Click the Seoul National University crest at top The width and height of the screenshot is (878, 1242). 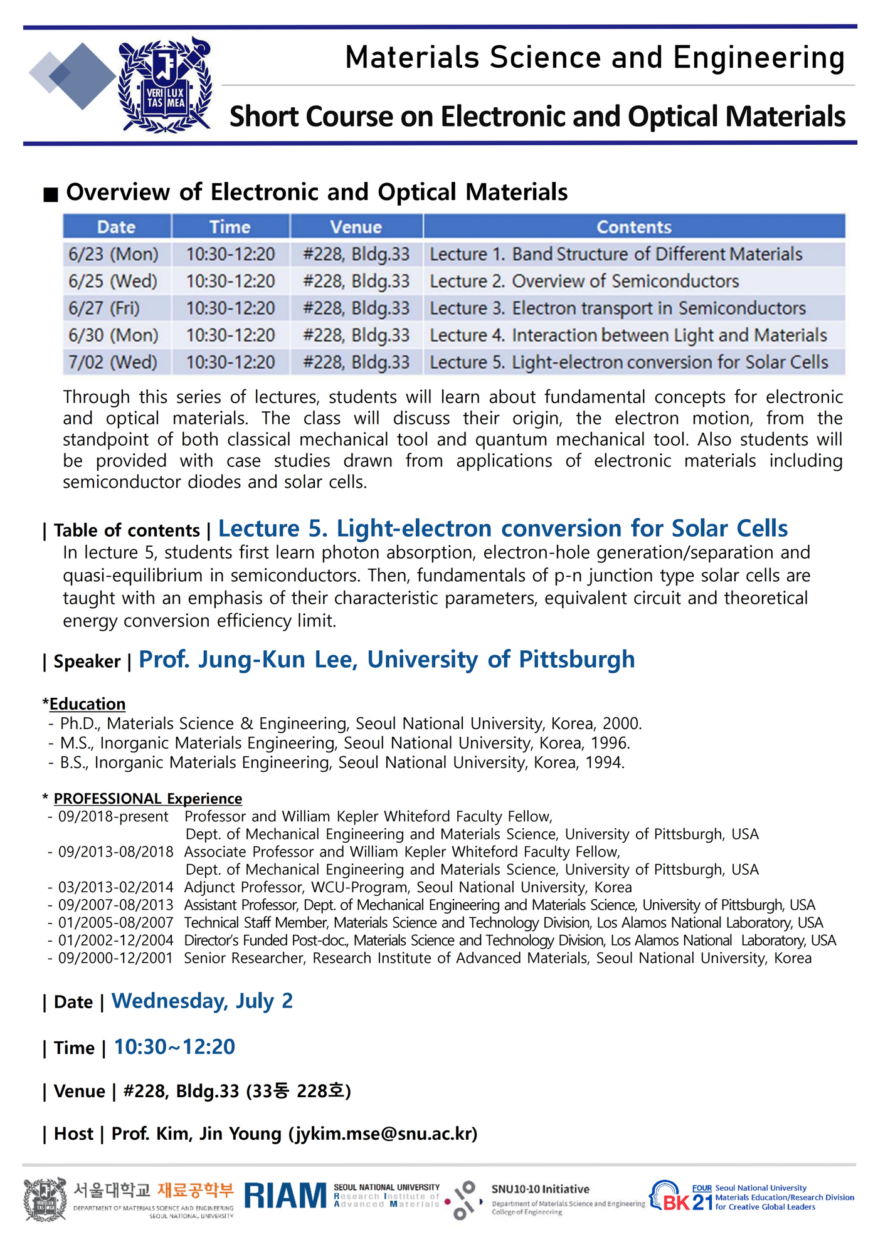165,85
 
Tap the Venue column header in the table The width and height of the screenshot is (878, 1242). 356,227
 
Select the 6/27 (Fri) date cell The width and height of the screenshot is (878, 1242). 104,308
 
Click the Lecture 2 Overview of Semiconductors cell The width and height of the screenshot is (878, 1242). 584,282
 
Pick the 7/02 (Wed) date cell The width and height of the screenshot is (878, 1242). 113,362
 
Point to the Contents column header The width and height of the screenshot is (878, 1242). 633,227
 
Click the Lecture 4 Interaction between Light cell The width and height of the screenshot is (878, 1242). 628,335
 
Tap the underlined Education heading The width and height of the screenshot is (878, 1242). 87,704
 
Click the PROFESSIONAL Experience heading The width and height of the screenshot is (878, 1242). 147,799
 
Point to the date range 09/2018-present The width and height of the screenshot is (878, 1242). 114,816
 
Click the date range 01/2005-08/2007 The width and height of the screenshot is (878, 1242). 115,923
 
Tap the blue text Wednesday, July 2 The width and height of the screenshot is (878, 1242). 202,1001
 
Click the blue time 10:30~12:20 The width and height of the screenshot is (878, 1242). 174,1046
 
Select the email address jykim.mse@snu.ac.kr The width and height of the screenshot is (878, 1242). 383,1134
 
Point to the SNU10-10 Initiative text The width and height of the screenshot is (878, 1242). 540,1189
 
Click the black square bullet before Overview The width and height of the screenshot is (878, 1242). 51,194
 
